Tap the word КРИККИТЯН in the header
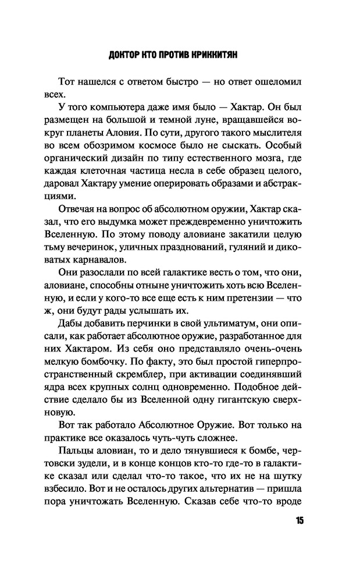[216, 56]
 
